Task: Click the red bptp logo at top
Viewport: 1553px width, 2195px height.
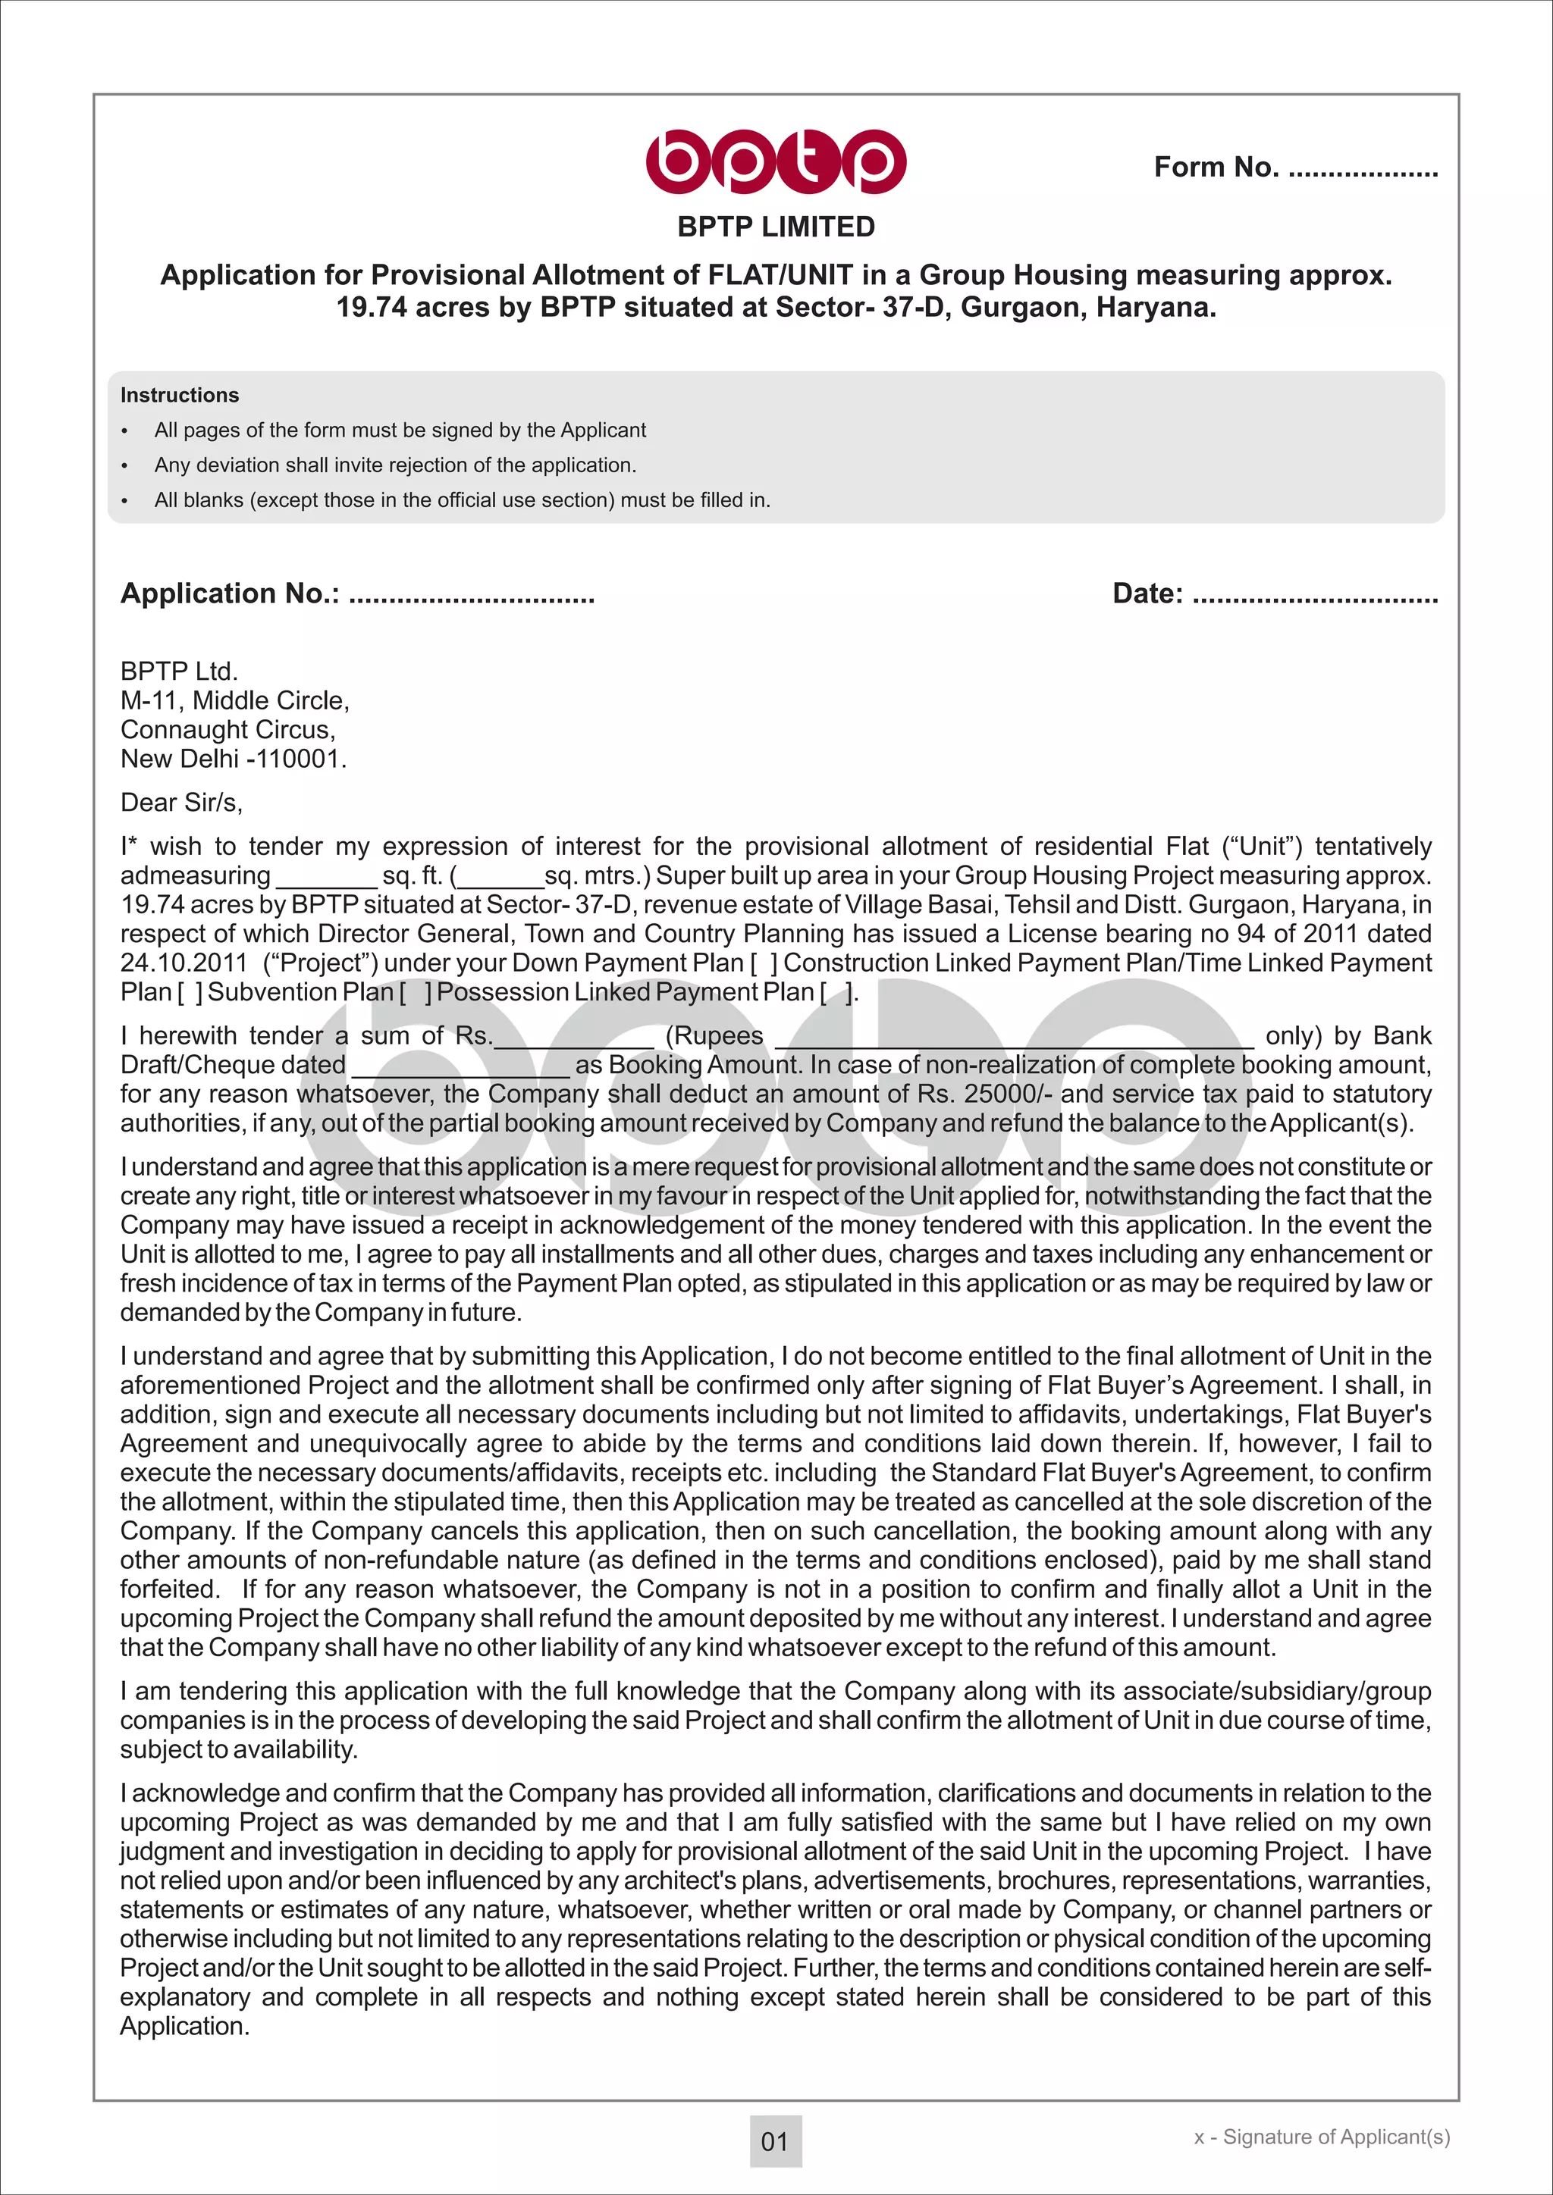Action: [x=776, y=161]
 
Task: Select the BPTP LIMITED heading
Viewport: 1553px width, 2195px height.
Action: [x=776, y=227]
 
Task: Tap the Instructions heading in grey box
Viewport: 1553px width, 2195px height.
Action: [x=180, y=395]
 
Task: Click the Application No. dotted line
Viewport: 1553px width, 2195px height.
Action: [x=472, y=597]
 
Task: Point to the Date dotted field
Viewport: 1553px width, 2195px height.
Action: [x=1315, y=597]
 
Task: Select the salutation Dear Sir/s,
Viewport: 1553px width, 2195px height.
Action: [x=182, y=802]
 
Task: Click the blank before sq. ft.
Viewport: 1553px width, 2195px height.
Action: [x=326, y=878]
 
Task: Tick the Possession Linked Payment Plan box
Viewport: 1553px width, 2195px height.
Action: [x=836, y=992]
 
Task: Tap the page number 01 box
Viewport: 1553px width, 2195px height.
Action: [x=774, y=2141]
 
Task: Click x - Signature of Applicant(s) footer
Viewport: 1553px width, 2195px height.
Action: [x=1322, y=2137]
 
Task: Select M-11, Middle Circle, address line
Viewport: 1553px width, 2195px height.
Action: [x=234, y=701]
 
